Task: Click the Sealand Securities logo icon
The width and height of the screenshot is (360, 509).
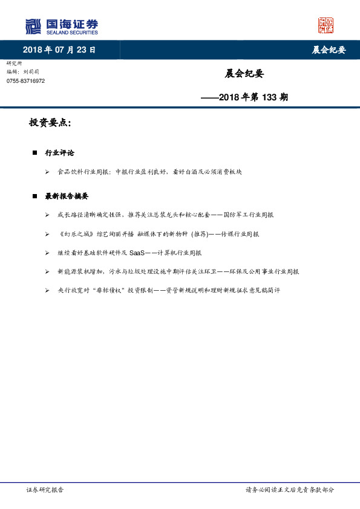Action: [33, 26]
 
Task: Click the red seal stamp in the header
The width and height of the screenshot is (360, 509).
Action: [326, 25]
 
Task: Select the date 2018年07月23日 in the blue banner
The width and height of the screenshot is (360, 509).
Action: [59, 50]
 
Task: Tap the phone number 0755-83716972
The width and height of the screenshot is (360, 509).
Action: [25, 81]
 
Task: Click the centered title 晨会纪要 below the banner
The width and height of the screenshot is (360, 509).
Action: [244, 74]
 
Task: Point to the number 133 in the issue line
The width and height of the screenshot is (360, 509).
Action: [269, 97]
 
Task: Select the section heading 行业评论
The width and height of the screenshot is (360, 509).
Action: [60, 153]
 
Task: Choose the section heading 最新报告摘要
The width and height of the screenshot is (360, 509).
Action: [67, 196]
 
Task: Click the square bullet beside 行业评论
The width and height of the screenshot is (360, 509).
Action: [34, 153]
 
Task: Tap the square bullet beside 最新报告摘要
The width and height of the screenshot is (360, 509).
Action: [34, 196]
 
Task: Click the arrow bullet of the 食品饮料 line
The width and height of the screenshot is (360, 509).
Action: [47, 172]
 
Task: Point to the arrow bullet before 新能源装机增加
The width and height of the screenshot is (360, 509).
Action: [47, 272]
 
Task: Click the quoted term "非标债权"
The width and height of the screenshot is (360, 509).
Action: [108, 291]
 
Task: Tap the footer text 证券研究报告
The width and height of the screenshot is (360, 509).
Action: [45, 490]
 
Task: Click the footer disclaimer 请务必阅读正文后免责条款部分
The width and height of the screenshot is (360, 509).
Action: [289, 490]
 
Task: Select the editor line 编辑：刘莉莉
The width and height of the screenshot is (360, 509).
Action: [24, 71]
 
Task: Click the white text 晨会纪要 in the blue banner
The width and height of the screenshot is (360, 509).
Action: [329, 50]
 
